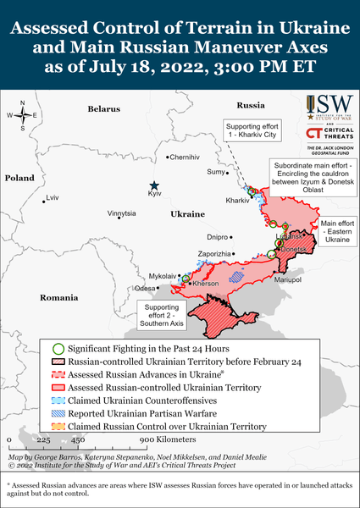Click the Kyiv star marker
154,185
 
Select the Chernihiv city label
187,157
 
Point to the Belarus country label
104,108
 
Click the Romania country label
58,298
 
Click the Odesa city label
145,289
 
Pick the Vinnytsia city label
121,214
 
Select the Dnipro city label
218,237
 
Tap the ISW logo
327,106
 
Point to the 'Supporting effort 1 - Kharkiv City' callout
252,130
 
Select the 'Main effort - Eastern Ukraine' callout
335,232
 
